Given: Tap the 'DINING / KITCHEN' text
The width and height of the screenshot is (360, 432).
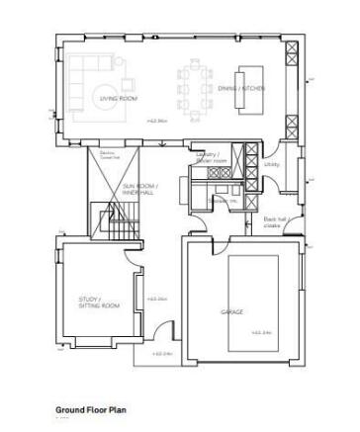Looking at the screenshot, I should (x=241, y=88).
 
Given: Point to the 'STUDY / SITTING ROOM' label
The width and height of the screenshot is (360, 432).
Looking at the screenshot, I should (x=98, y=302).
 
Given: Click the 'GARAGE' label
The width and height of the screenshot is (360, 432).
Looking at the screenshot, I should (x=230, y=311).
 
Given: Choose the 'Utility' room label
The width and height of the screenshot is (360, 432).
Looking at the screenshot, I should (x=272, y=165).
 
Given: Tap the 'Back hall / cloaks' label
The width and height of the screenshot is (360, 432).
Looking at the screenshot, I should (x=272, y=222).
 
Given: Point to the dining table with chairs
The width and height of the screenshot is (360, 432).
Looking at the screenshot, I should (x=193, y=85).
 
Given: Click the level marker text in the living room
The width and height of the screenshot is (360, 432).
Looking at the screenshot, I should (x=157, y=121).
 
